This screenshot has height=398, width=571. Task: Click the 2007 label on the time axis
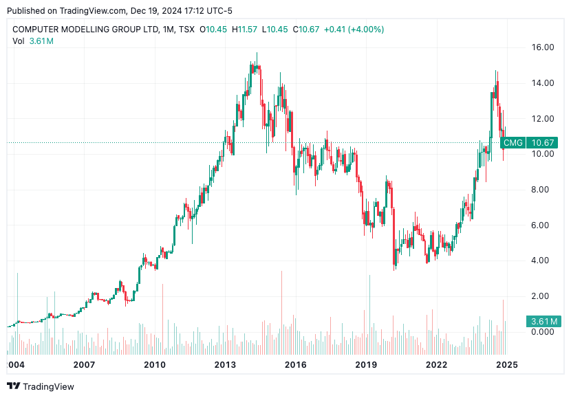click(84, 364)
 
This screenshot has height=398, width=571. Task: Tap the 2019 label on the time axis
click(367, 364)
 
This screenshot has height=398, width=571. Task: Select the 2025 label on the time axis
click(506, 364)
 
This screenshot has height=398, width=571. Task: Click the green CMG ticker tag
click(513, 143)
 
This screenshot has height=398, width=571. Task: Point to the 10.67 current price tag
click(543, 143)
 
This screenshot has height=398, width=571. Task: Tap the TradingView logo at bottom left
click(41, 386)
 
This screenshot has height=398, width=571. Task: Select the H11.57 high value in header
click(244, 30)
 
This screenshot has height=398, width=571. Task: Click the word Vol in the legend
click(19, 41)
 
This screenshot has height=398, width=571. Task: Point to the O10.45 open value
click(213, 30)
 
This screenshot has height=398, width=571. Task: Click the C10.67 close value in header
click(305, 30)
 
